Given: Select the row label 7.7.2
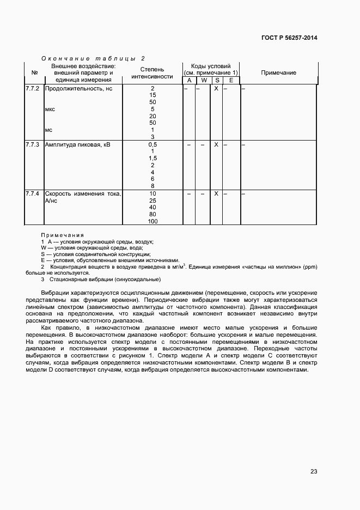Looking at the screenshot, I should point(33,88).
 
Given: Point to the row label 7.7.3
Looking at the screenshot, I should point(33,144).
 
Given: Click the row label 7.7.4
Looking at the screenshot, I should point(33,193).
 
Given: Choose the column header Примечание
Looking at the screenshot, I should point(278,73).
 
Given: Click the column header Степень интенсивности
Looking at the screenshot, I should point(152,73).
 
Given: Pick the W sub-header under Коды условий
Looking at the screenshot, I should point(203,81).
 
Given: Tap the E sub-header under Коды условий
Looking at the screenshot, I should point(231,81).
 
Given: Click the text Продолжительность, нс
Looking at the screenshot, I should point(78,88).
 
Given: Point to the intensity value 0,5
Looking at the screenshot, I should point(152,144).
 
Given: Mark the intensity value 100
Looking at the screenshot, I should point(152,221).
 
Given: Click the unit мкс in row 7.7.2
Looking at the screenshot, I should point(50,109).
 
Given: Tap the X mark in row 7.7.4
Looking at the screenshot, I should point(216,193).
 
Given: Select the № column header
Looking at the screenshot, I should point(34,73).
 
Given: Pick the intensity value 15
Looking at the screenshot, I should point(152,95).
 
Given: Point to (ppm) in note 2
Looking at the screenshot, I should point(308,266).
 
